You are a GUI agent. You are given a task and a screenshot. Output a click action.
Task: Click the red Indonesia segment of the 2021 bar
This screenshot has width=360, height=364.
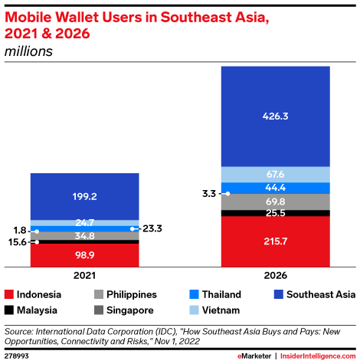coord(85,255)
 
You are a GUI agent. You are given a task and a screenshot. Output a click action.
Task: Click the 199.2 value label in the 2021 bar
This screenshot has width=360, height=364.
coord(85,196)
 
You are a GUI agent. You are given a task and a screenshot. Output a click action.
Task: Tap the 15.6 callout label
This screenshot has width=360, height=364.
coord(16,241)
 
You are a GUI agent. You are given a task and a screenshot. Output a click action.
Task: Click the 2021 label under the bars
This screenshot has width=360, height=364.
coord(85,276)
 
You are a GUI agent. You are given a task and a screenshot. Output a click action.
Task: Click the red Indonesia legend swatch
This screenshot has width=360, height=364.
coord(10,294)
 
